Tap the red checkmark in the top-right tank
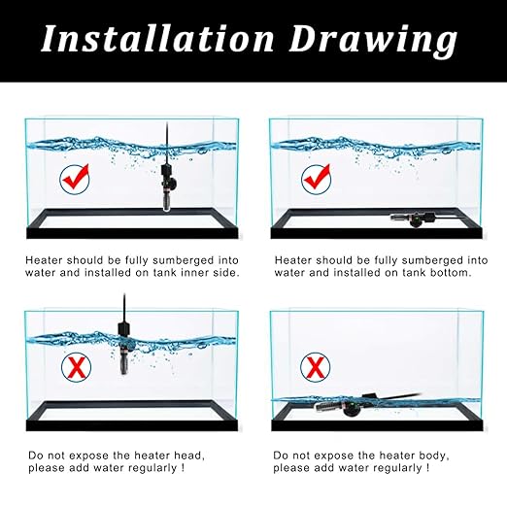(316, 178)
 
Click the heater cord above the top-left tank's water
(166, 132)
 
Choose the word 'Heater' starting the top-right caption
(292, 259)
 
